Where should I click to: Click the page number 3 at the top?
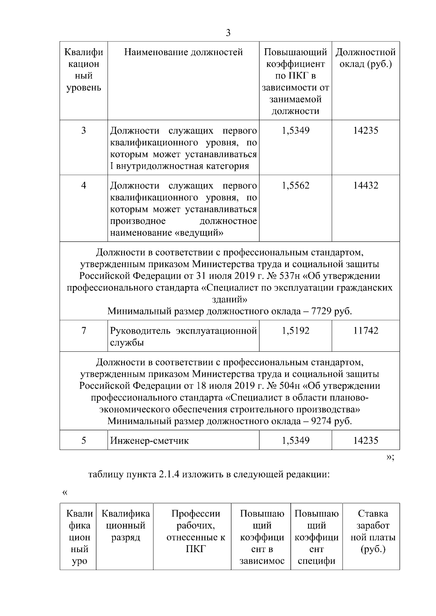click(x=228, y=33)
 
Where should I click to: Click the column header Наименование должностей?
click(x=183, y=52)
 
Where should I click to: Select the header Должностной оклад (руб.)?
click(x=366, y=58)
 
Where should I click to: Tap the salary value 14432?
click(x=366, y=185)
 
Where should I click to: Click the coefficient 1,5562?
click(x=295, y=185)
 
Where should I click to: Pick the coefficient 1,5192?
click(x=295, y=331)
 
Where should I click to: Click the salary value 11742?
click(x=366, y=331)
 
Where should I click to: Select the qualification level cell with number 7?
click(x=84, y=331)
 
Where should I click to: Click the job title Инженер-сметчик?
click(x=149, y=441)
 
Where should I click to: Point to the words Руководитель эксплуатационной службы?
click(x=183, y=336)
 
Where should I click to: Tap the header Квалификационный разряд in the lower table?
click(x=125, y=525)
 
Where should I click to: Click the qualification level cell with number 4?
click(x=84, y=185)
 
